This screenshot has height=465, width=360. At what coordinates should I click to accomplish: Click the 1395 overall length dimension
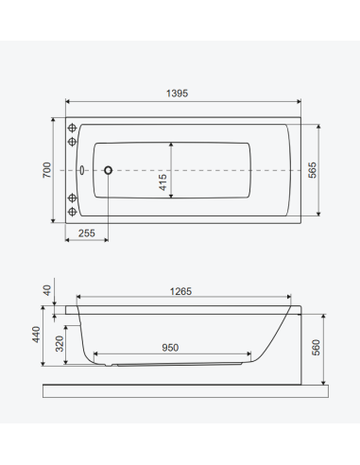[177, 94]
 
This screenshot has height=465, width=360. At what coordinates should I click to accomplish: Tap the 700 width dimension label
[47, 170]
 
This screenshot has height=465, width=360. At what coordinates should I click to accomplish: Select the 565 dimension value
[312, 170]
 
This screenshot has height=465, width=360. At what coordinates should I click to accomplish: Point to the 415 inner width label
[163, 182]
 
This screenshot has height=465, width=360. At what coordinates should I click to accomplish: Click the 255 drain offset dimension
[87, 233]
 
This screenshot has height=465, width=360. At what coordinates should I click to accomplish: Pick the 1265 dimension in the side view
[180, 291]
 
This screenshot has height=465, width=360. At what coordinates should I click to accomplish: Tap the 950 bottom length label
[170, 348]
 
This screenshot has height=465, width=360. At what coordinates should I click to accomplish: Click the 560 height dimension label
[316, 348]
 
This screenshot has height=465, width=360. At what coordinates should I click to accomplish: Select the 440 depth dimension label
[36, 335]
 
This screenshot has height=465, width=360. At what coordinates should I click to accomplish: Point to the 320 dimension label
[60, 344]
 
